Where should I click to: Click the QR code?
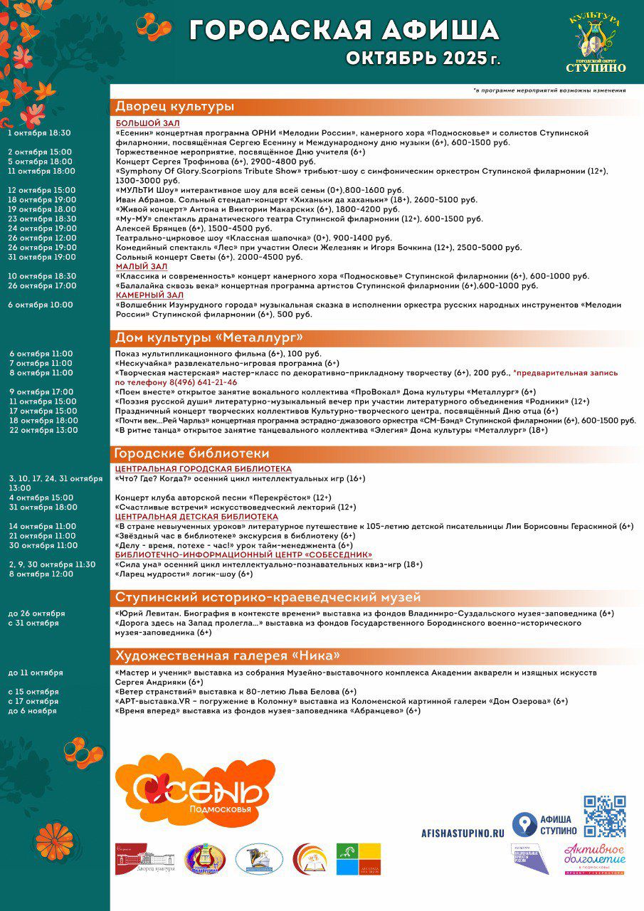tap(605, 816)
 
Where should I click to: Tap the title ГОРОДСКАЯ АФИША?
tap(344, 30)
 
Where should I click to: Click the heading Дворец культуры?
tap(175, 107)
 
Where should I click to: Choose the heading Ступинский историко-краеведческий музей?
tap(268, 597)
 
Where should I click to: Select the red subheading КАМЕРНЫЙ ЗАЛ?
tap(149, 295)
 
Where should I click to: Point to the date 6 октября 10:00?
tap(41, 305)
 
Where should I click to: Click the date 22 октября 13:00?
tap(43, 430)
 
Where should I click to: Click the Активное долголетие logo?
tap(595, 858)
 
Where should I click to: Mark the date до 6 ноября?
tap(33, 711)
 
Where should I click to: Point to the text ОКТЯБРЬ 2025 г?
tap(423, 58)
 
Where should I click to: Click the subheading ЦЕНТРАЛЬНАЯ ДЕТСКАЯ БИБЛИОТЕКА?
tap(196, 517)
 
